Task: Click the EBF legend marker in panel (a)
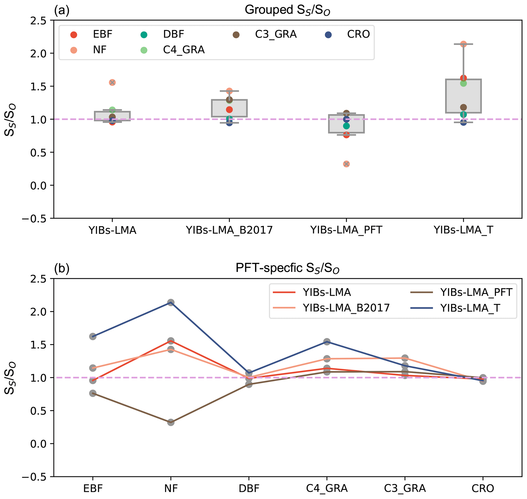point(74,35)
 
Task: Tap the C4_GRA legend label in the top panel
point(184,50)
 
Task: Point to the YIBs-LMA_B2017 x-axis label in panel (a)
point(229,230)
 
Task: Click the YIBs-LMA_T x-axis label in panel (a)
point(464,230)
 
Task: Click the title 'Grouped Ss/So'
point(287,10)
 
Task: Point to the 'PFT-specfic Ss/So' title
point(287,268)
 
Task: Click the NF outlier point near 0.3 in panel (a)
point(346,164)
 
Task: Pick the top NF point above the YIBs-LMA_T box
point(464,44)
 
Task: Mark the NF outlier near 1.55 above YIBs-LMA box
point(112,82)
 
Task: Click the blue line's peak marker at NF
point(171,302)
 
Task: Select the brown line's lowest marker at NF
point(171,422)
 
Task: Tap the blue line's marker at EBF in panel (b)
point(93,336)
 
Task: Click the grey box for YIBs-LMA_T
point(464,96)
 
